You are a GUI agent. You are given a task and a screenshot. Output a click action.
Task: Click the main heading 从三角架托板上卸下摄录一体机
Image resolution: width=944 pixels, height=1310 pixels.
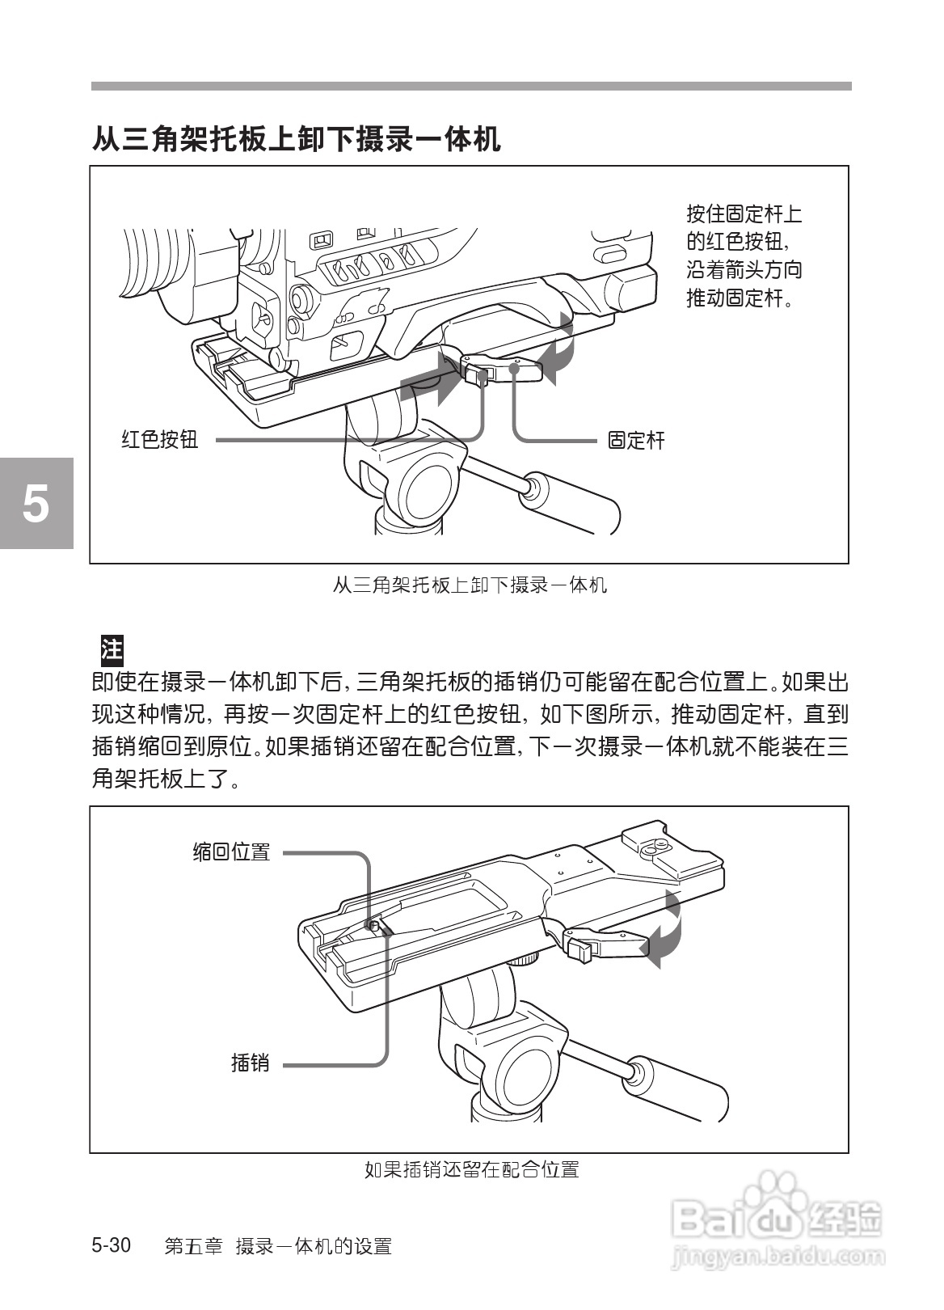click(296, 138)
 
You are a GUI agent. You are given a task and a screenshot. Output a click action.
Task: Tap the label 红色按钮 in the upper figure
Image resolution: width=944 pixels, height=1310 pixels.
click(159, 440)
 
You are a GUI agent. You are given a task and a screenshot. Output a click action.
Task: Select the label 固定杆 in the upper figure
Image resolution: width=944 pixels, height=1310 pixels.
click(635, 441)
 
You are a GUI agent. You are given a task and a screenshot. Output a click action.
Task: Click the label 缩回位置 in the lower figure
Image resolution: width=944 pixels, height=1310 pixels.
click(231, 851)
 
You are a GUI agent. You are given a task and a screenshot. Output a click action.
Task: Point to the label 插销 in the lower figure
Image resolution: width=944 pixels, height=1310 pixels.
click(250, 1063)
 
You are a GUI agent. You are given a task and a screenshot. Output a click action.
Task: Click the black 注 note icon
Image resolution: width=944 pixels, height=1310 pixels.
click(111, 649)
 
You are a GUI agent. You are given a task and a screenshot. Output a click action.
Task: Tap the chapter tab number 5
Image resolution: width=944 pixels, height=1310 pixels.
click(36, 504)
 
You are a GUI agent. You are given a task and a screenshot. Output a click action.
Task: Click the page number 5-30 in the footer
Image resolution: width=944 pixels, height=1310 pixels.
click(112, 1245)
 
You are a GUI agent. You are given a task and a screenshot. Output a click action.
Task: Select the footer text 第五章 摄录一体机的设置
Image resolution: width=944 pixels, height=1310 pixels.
click(277, 1246)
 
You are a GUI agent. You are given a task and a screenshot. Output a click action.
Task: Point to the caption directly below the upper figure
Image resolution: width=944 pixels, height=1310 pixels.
click(470, 585)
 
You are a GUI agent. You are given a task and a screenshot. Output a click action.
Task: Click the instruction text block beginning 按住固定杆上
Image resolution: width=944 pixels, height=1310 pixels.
click(744, 256)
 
